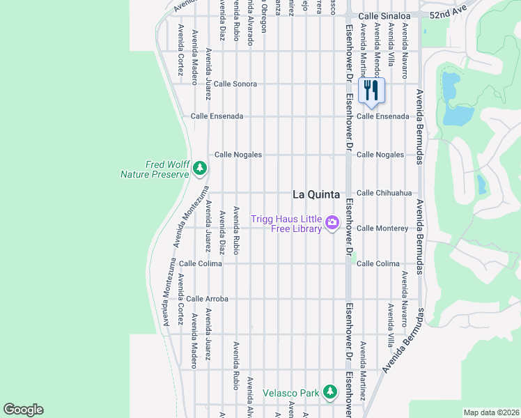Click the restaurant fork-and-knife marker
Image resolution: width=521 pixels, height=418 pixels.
[x=371, y=90]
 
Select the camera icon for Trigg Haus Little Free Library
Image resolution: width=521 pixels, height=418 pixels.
[x=332, y=223]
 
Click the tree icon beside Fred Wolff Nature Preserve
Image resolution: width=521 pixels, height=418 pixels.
[x=200, y=168]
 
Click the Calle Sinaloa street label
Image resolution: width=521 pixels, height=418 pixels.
[x=386, y=15]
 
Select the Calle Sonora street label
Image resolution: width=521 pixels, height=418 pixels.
[x=235, y=84]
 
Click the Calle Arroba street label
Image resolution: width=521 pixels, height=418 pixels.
[x=207, y=299]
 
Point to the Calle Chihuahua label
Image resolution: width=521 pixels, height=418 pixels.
[x=384, y=193]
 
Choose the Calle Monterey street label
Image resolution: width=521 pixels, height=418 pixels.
[x=382, y=228]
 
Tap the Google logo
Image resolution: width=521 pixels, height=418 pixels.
[x=23, y=410]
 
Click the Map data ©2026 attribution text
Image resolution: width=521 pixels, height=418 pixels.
[x=491, y=412]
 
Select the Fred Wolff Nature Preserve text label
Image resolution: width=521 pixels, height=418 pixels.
[x=157, y=169]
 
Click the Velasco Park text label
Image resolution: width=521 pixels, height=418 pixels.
[x=290, y=393]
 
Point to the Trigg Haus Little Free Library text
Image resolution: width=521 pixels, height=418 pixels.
[x=286, y=224]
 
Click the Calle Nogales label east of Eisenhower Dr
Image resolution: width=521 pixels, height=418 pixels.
[x=380, y=155]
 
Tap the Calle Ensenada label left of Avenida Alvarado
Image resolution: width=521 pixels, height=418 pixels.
[x=217, y=116]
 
